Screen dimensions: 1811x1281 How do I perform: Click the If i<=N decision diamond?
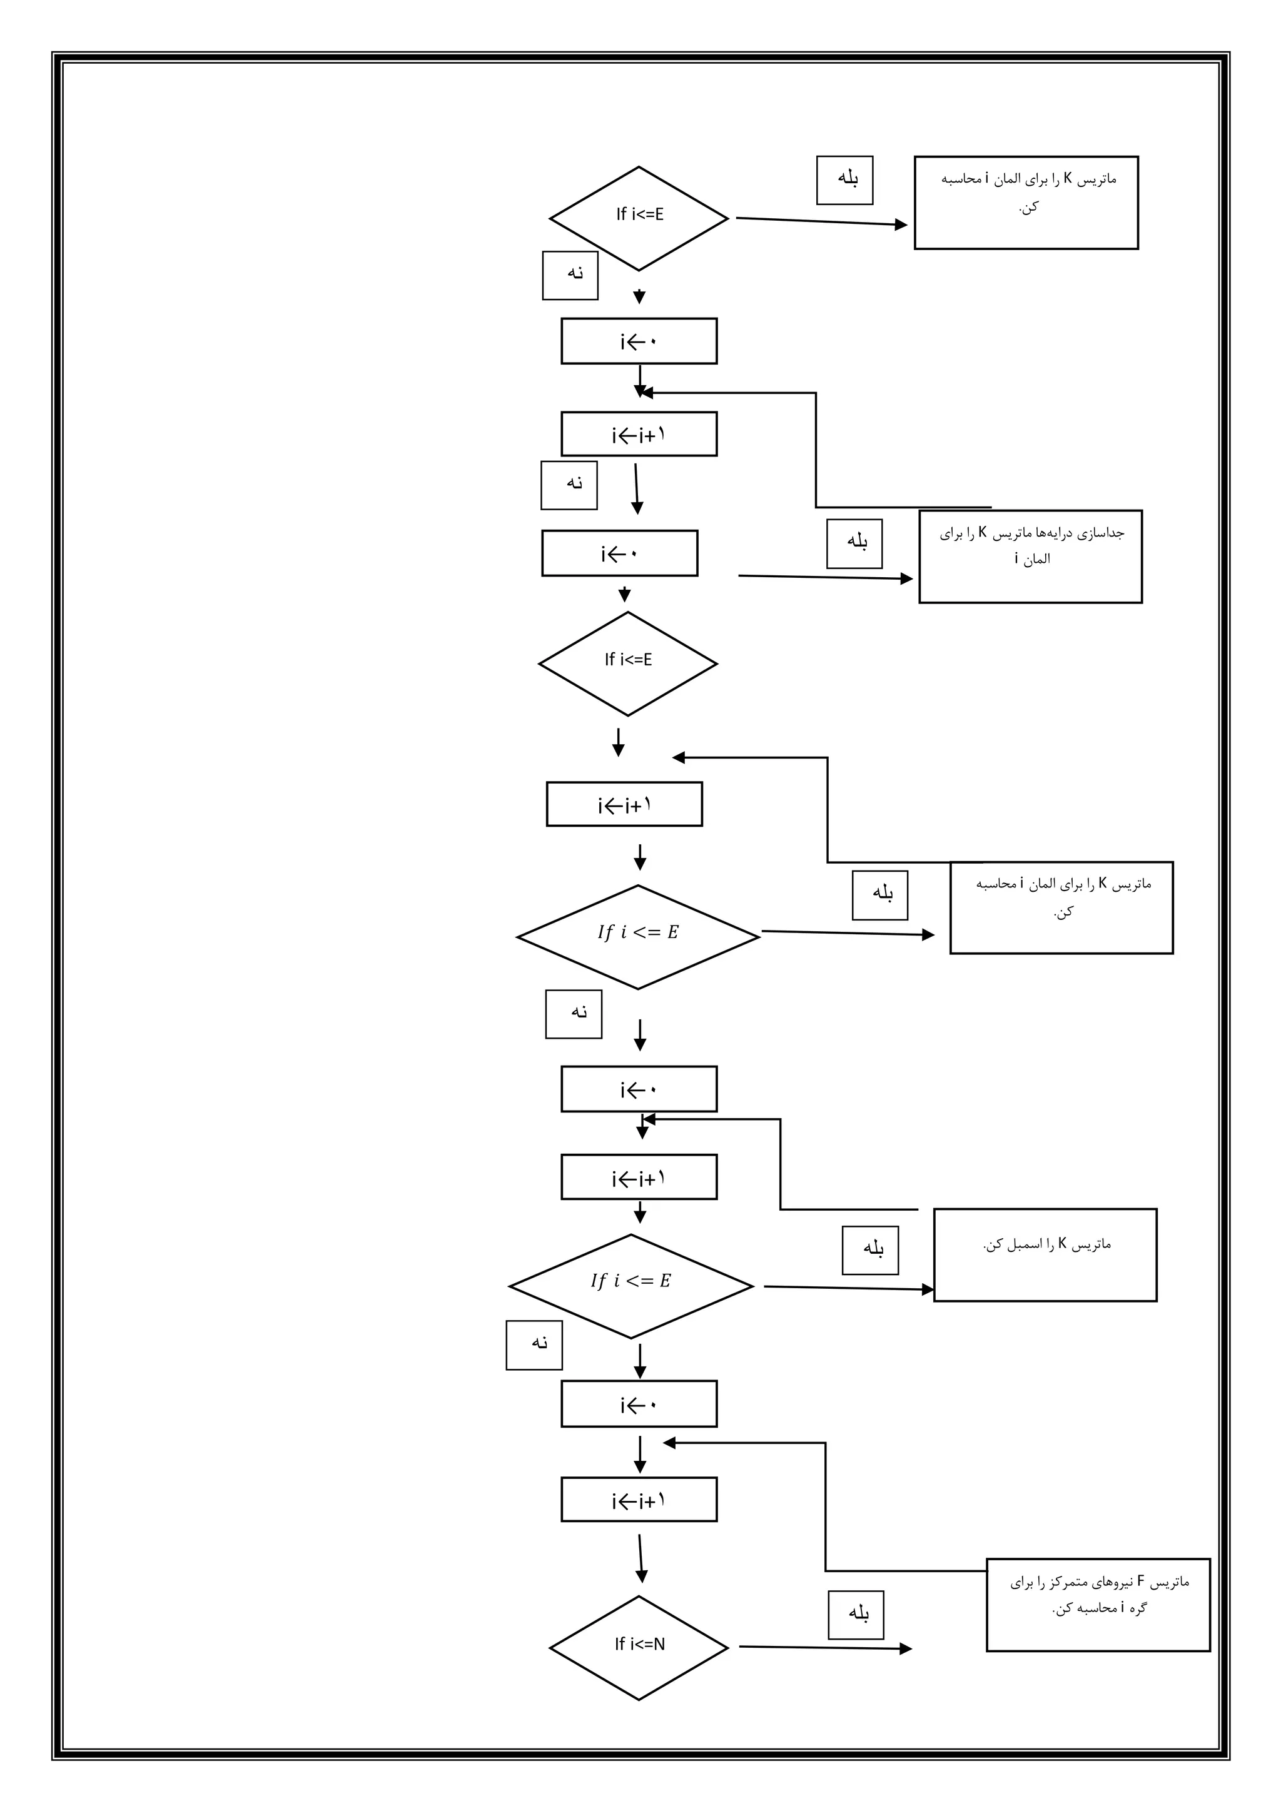tap(639, 1648)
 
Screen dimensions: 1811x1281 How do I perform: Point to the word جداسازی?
tap(1105, 533)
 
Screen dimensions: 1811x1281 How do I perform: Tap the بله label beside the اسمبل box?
tap(871, 1249)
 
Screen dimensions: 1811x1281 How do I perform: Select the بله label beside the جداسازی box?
tap(855, 543)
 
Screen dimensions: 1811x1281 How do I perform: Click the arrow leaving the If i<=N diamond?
tap(824, 1648)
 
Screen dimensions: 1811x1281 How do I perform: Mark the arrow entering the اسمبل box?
tap(848, 1288)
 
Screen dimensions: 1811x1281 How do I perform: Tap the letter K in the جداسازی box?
tap(983, 532)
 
